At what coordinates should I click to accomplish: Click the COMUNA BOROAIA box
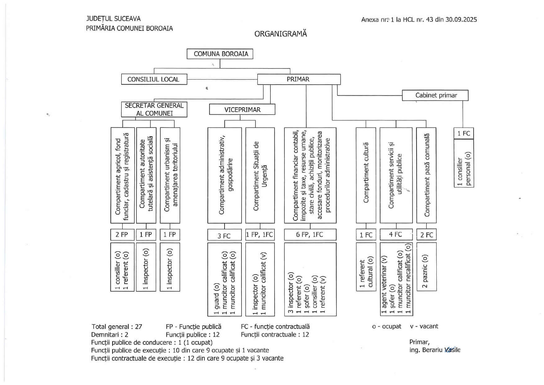tap(220, 54)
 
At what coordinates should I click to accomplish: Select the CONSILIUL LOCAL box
tap(154, 79)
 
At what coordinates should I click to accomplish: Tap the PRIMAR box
tap(298, 79)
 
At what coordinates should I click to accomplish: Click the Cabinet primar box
tap(435, 95)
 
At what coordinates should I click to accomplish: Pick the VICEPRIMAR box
tap(242, 110)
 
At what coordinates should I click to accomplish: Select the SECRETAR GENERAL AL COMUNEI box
tap(154, 109)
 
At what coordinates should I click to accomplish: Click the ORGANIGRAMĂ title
tap(281, 34)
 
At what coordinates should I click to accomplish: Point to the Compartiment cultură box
tap(366, 175)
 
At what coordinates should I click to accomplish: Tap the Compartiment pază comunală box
tap(426, 175)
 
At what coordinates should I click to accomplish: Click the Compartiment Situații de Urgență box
tap(260, 175)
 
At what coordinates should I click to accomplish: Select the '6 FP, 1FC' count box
tap(310, 235)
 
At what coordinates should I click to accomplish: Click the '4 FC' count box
tap(396, 235)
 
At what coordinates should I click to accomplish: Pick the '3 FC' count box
tap(224, 236)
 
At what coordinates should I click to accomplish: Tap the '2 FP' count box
tap(122, 235)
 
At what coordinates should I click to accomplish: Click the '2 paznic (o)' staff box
tap(426, 267)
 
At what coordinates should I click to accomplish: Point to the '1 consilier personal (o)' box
tap(464, 163)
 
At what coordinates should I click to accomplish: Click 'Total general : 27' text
tap(117, 327)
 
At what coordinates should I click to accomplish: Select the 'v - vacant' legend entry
tap(424, 326)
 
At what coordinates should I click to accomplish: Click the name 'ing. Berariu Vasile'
tap(435, 350)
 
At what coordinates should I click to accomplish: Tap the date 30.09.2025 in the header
tap(461, 20)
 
